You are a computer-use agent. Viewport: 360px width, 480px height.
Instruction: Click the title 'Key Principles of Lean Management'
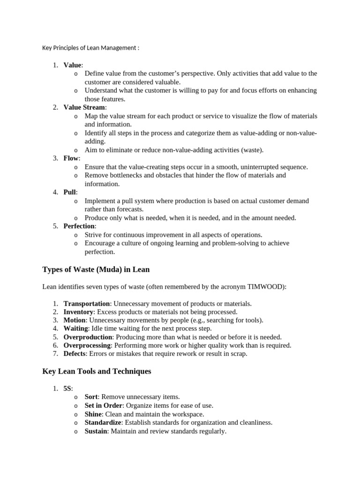click(90, 48)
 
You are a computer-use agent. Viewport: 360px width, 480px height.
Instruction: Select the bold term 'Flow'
click(71, 158)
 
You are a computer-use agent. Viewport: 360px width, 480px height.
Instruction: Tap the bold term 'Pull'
click(70, 192)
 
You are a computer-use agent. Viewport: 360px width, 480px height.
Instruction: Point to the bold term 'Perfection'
click(79, 226)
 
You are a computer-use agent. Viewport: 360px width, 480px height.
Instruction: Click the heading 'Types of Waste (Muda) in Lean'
click(96, 269)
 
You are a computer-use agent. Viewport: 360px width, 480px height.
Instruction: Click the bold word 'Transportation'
click(87, 304)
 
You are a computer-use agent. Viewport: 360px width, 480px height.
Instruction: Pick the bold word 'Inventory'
click(79, 312)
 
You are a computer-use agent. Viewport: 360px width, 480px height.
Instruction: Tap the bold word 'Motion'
click(75, 320)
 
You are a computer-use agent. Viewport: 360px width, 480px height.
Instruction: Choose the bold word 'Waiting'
click(75, 329)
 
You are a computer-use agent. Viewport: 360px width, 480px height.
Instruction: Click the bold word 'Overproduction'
click(88, 337)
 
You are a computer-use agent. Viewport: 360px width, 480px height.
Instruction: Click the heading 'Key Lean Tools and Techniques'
click(97, 371)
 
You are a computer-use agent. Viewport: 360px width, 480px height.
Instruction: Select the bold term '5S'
click(67, 389)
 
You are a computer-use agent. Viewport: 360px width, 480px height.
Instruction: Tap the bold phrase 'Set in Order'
click(103, 405)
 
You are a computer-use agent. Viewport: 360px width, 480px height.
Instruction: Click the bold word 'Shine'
click(93, 414)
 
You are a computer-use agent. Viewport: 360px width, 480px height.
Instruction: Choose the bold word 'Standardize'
click(103, 422)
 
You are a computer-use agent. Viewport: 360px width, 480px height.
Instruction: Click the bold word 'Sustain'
click(96, 431)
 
